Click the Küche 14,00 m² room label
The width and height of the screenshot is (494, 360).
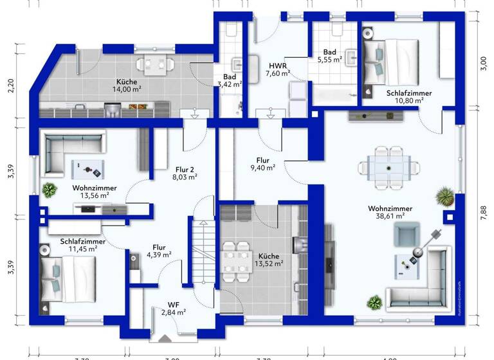(x=126, y=85)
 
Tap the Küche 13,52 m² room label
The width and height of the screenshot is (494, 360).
(x=269, y=258)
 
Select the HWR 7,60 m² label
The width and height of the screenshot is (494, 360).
(x=277, y=69)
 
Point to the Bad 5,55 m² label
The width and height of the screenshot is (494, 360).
(x=330, y=55)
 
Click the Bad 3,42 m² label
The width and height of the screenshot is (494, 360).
(x=228, y=80)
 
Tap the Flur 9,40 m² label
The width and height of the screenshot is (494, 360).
(x=262, y=164)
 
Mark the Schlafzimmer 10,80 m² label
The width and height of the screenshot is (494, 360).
(x=408, y=96)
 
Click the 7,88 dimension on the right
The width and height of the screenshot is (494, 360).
(x=484, y=212)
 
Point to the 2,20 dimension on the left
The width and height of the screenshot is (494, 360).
(x=10, y=86)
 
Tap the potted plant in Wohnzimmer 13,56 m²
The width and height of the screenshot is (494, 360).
(x=49, y=190)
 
